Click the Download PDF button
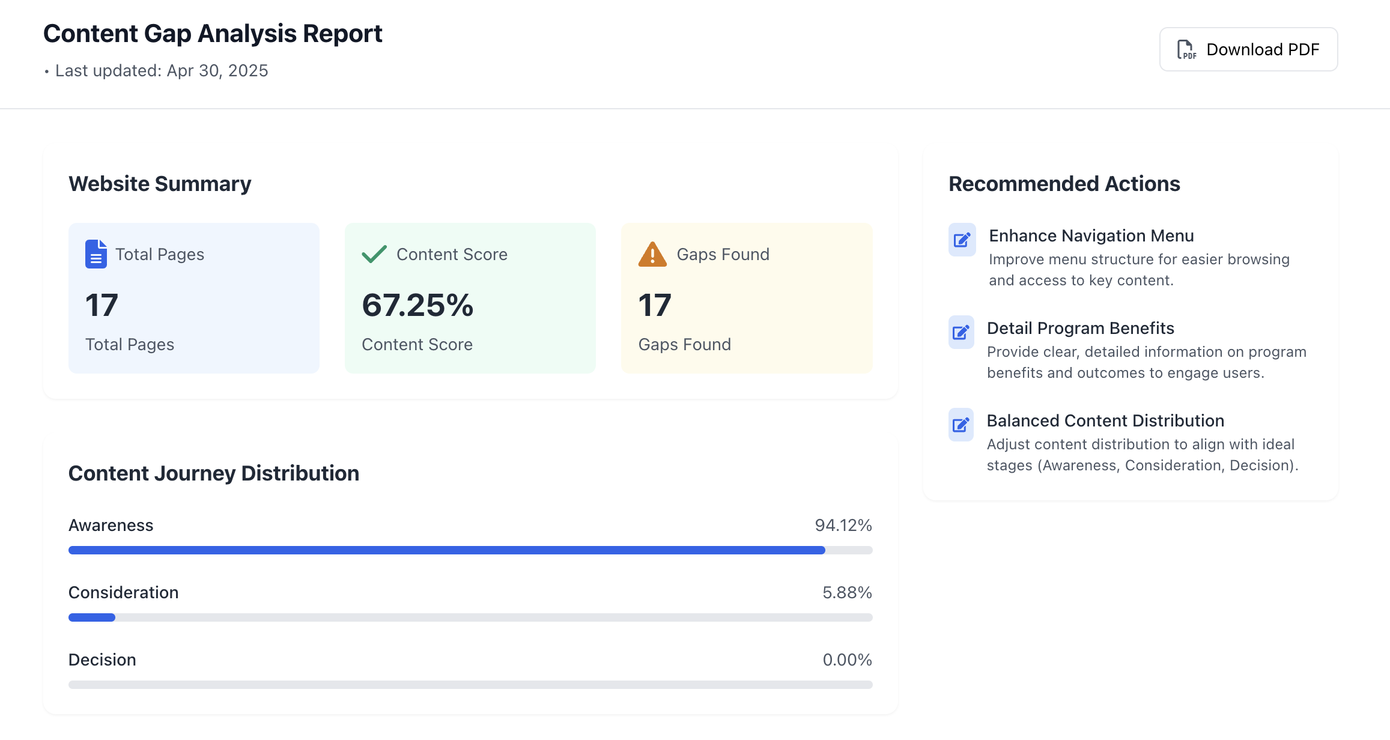click(x=1248, y=49)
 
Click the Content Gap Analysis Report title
click(x=213, y=34)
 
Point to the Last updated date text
click(x=161, y=71)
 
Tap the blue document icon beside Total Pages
click(x=96, y=254)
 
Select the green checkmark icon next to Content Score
click(x=374, y=254)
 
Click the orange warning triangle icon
click(x=652, y=255)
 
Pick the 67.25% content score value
click(x=417, y=305)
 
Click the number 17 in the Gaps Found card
click(x=654, y=305)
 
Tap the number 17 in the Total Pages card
click(x=102, y=305)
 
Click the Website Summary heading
click(x=160, y=184)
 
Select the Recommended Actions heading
click(x=1064, y=184)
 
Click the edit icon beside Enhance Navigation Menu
click(x=962, y=240)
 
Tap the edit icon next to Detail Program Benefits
click(x=961, y=332)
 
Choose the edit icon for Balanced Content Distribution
click(x=961, y=425)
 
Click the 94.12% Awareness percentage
click(x=843, y=526)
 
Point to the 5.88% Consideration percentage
click(x=846, y=593)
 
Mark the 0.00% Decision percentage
click(x=846, y=660)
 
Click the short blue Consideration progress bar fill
click(x=92, y=617)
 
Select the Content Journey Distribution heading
click(x=214, y=473)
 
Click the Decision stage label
click(x=102, y=660)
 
